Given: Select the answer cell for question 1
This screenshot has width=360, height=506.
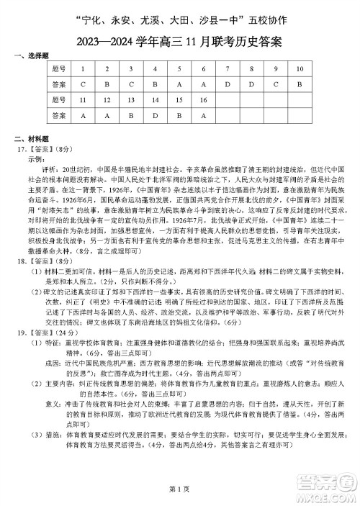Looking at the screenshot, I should pos(84,84).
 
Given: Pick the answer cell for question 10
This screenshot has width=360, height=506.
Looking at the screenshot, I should pos(300,84).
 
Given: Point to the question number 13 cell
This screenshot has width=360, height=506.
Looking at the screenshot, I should pos(131,99).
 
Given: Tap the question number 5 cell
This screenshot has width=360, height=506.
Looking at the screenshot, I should pos(179,69).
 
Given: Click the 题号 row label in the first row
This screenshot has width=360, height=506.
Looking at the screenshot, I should pos(59,69).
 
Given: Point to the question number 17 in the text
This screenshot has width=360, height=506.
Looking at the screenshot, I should pos(21,148).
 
